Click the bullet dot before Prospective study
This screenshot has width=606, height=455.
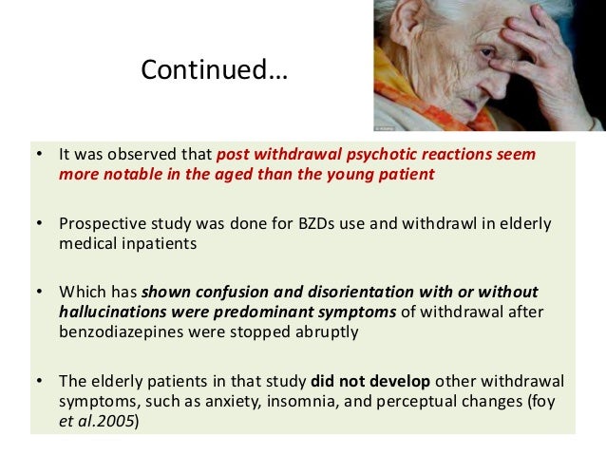(x=39, y=223)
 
